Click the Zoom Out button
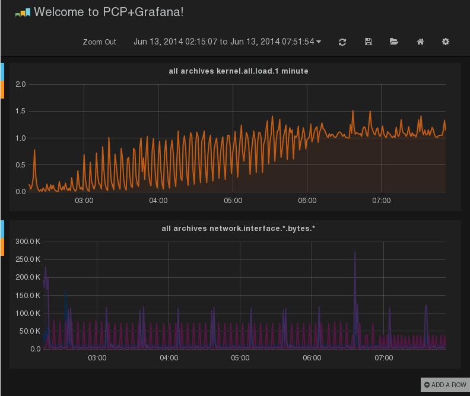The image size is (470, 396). (x=99, y=42)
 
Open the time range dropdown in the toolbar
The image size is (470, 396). (x=227, y=42)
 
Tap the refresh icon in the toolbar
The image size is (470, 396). (x=342, y=42)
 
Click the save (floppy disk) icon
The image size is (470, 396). (x=369, y=42)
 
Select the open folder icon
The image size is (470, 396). (x=394, y=42)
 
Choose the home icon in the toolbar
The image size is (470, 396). (x=420, y=42)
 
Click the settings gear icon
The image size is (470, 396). (x=446, y=42)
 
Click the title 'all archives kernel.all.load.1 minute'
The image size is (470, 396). (x=239, y=71)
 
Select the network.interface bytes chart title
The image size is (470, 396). (x=239, y=229)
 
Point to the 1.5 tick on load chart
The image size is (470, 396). (x=20, y=111)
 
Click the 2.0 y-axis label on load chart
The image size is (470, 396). (x=20, y=84)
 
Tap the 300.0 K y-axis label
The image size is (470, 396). (x=27, y=242)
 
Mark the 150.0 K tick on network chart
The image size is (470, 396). (x=27, y=296)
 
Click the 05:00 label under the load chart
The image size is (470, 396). (x=233, y=201)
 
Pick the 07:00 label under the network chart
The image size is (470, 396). (x=384, y=358)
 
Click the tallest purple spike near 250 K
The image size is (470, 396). (x=355, y=252)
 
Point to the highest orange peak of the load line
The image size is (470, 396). (x=353, y=110)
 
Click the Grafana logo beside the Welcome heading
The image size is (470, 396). (x=23, y=13)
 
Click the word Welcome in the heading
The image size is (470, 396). (x=59, y=12)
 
